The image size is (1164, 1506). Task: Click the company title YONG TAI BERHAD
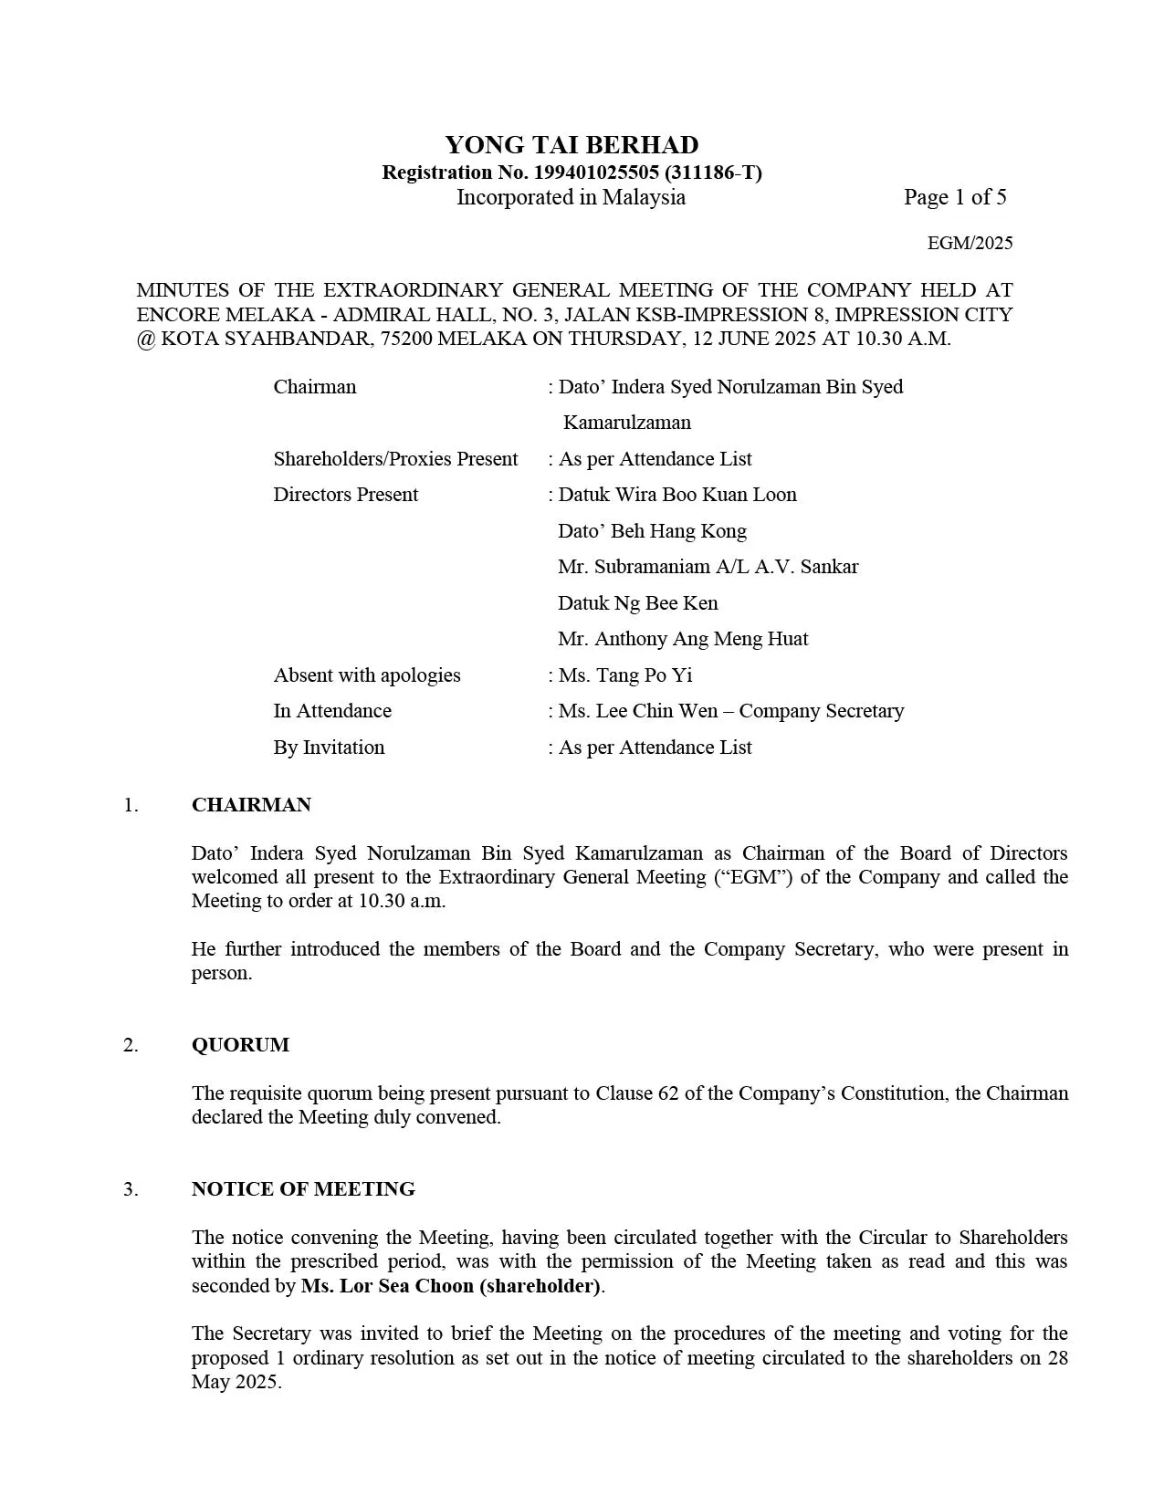pos(572,145)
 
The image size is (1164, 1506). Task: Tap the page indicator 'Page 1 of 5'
pos(955,197)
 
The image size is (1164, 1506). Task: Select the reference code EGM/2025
pos(970,243)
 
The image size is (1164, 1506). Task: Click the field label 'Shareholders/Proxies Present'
pos(395,459)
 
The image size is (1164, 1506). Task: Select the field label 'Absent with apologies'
pos(367,675)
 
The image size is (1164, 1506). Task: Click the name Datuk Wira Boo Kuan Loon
pos(677,495)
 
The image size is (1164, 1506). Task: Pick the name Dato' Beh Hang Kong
pos(652,531)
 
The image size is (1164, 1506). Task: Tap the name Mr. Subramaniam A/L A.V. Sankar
pos(708,567)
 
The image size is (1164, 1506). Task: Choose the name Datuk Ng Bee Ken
pos(638,603)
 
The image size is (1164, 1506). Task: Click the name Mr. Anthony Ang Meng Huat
pos(683,639)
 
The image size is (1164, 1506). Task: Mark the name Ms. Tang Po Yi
pos(625,675)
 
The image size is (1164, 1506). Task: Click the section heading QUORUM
pos(240,1045)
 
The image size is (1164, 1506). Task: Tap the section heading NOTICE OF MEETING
pos(303,1189)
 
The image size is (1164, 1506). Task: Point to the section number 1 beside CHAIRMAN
pos(131,805)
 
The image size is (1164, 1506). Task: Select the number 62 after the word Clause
pos(667,1093)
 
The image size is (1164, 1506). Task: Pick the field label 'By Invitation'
pos(329,748)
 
